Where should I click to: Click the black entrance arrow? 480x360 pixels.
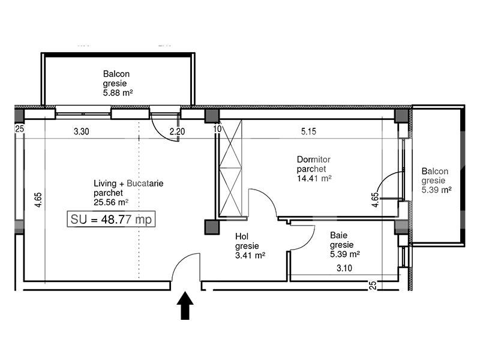pyautogui.click(x=185, y=305)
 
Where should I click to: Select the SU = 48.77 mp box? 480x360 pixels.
pyautogui.click(x=112, y=220)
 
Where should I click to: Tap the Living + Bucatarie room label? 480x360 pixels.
pyautogui.click(x=128, y=183)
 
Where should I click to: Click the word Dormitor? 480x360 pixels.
pyautogui.click(x=314, y=160)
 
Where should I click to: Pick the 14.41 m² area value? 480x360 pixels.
pyautogui.click(x=314, y=178)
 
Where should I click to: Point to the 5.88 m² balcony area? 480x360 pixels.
pyautogui.click(x=118, y=93)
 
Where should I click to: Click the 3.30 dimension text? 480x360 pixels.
pyautogui.click(x=82, y=132)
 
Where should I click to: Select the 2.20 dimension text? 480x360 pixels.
pyautogui.click(x=177, y=132)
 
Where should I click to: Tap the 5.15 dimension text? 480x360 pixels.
pyautogui.click(x=308, y=132)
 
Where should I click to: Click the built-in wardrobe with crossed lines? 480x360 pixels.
pyautogui.click(x=230, y=168)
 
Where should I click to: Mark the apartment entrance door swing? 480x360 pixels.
pyautogui.click(x=186, y=267)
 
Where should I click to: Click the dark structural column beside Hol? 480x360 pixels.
pyautogui.click(x=211, y=227)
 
